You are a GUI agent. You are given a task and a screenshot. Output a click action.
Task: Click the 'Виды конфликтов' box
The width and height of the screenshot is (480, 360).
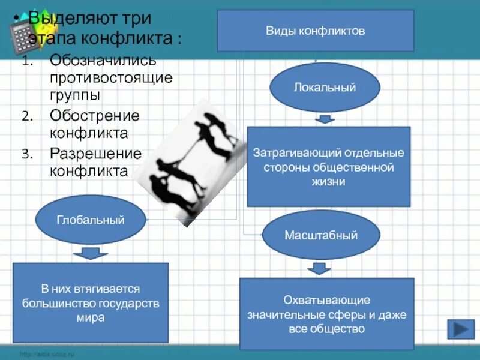tap(315, 30)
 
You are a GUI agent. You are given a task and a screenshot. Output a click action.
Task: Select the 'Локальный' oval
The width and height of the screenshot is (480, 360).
tap(325, 88)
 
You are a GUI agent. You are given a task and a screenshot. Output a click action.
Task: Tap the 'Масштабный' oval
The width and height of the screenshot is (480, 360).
tap(320, 235)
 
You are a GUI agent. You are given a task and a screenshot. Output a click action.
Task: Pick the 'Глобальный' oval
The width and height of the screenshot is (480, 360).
tap(91, 220)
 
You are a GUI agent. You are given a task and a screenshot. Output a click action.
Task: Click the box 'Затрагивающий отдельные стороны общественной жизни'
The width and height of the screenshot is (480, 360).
tap(328, 167)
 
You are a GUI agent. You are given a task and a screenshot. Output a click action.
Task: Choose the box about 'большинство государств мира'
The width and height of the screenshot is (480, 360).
tap(91, 303)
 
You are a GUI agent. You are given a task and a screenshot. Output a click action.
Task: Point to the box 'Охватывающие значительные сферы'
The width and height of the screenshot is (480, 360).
tap(326, 314)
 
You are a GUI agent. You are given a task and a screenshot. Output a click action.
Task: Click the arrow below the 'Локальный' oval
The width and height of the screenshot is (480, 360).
tap(325, 119)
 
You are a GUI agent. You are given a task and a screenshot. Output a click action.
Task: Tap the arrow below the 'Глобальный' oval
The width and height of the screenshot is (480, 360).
tap(91, 253)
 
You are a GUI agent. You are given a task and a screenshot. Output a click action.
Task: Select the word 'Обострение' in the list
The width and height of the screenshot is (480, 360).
tap(94, 115)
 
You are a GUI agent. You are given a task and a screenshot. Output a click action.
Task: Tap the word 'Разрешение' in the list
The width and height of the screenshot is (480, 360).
tap(95, 153)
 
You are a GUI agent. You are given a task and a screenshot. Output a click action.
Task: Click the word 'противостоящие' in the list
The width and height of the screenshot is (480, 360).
tap(111, 78)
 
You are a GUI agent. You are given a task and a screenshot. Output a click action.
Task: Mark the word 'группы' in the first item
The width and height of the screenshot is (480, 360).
tap(75, 95)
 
